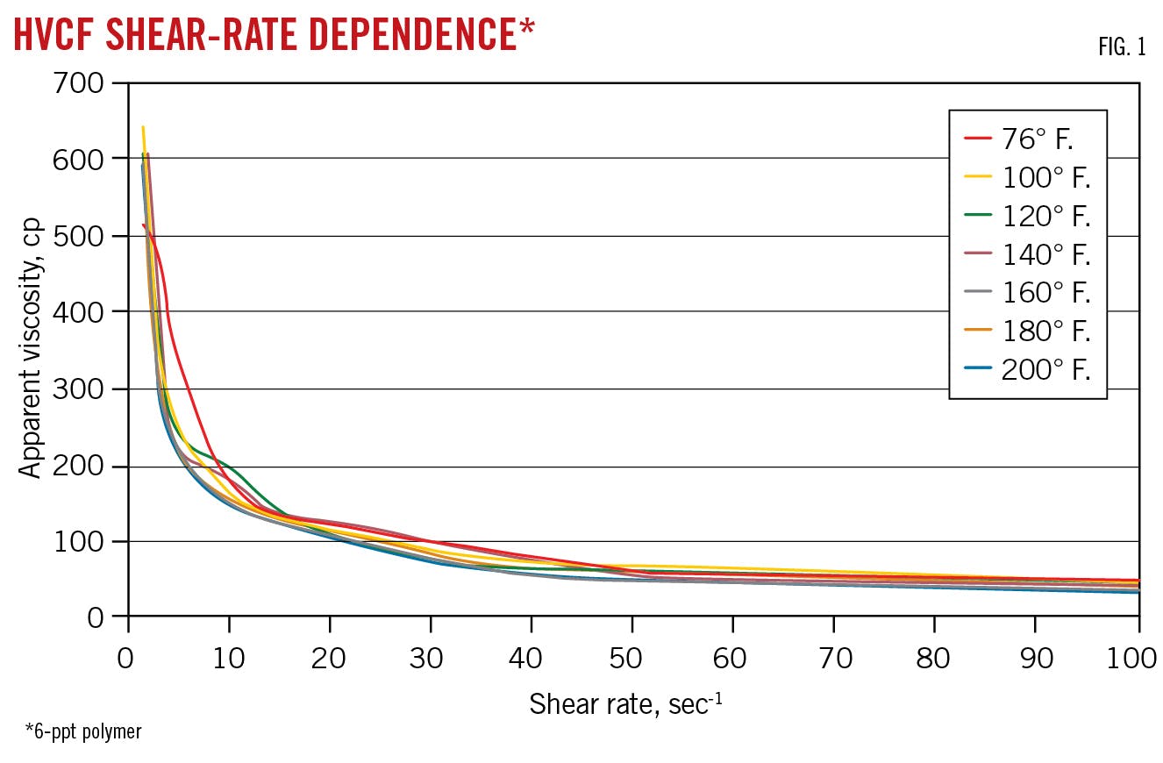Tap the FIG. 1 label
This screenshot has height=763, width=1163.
(x=1121, y=47)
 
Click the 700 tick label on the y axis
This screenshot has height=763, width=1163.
(x=81, y=83)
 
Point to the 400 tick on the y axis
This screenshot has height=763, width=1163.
(x=81, y=312)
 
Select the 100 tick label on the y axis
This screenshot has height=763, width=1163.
(x=81, y=542)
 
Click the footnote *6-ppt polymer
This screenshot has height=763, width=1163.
(x=83, y=731)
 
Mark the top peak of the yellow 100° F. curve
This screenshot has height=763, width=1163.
(x=143, y=127)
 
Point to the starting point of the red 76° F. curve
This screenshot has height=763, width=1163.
(x=143, y=225)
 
